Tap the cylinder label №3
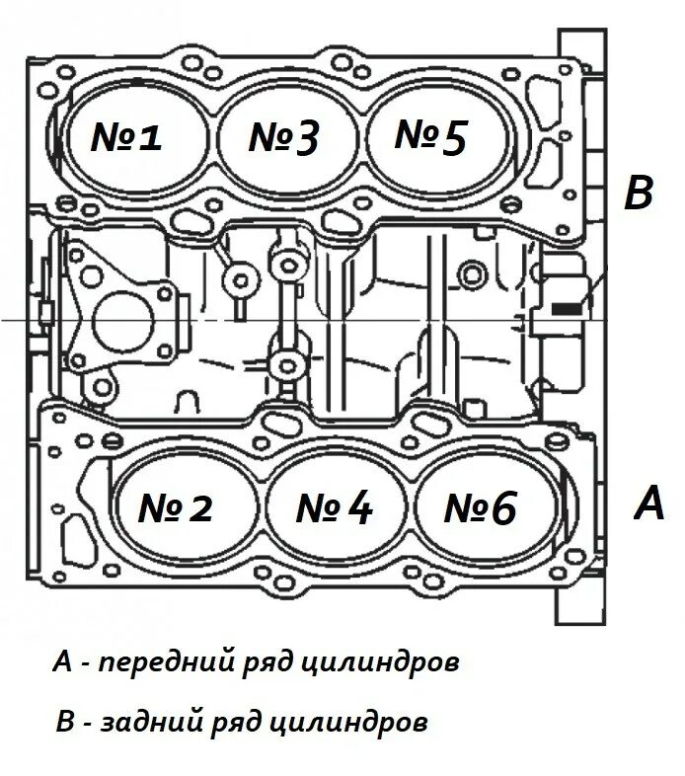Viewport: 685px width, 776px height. click(x=284, y=138)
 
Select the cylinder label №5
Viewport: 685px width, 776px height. click(x=430, y=137)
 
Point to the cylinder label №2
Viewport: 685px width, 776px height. click(x=176, y=508)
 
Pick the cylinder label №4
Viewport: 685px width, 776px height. click(x=334, y=508)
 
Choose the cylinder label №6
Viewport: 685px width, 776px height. click(x=481, y=508)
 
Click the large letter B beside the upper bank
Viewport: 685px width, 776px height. click(x=639, y=194)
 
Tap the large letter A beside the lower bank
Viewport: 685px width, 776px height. click(x=648, y=504)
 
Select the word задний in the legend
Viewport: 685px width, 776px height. click(x=149, y=724)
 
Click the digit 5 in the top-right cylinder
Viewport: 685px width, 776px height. click(x=452, y=138)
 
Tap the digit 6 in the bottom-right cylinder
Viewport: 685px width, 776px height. click(x=501, y=508)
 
